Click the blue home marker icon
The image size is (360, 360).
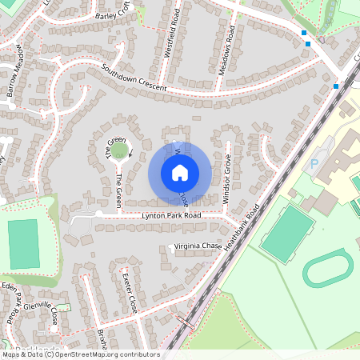(x=180, y=172)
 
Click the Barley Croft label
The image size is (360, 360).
(x=111, y=15)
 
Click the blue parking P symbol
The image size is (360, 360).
(x=314, y=163)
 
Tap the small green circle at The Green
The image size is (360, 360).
(x=119, y=150)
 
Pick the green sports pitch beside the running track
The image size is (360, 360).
(x=287, y=230)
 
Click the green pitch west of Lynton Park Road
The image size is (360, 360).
(x=23, y=243)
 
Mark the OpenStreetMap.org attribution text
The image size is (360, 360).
(x=104, y=354)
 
